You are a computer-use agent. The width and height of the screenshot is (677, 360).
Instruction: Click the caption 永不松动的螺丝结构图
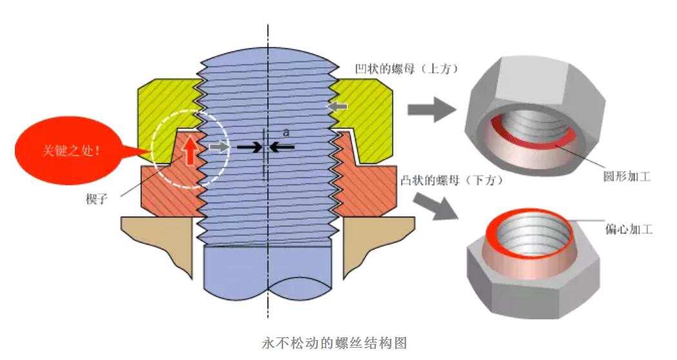click(335, 343)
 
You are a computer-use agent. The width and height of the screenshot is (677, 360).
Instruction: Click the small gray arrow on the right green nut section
click(338, 105)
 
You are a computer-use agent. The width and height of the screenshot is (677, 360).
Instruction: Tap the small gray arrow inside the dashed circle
click(219, 146)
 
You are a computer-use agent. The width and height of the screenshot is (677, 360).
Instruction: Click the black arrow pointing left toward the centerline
click(283, 147)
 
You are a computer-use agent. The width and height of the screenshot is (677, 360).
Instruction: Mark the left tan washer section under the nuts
click(158, 242)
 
